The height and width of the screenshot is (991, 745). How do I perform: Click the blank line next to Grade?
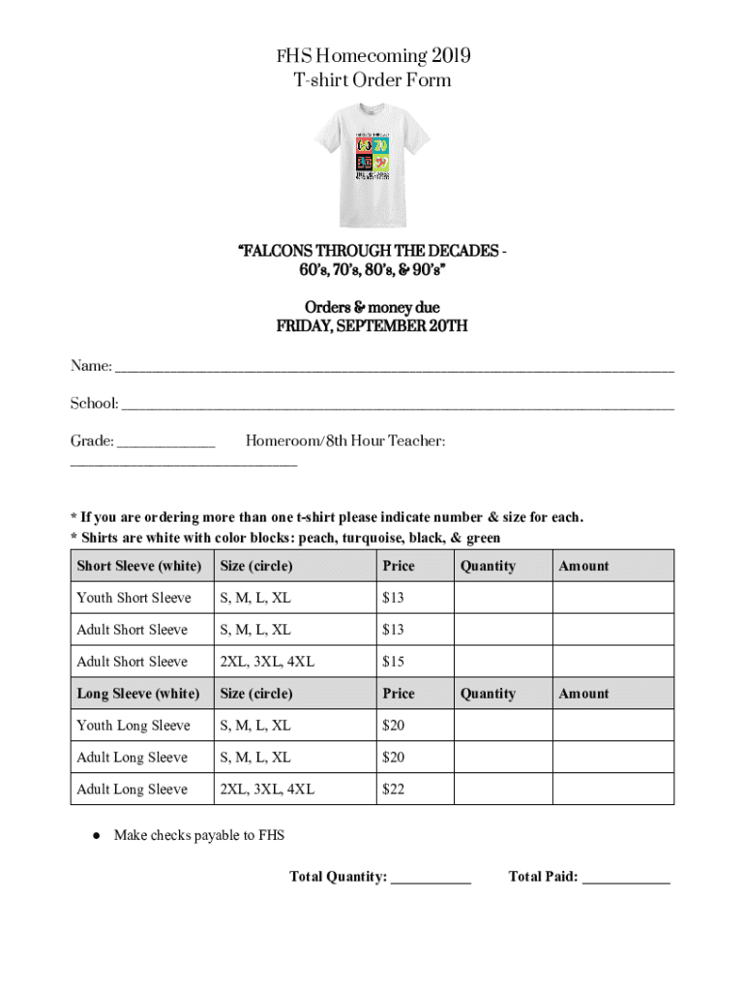[x=165, y=444]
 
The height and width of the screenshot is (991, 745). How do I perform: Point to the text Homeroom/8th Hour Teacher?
[x=345, y=441]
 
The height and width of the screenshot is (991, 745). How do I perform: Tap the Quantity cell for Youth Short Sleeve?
[x=502, y=598]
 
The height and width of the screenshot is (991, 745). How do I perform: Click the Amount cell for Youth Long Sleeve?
[x=612, y=726]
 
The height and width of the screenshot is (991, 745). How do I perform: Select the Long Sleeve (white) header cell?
[x=138, y=694]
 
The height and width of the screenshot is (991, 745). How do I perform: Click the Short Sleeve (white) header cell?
[x=139, y=566]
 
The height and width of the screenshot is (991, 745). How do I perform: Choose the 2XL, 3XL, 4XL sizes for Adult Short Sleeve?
[x=267, y=662]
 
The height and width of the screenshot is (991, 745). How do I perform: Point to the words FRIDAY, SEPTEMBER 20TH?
[x=372, y=326]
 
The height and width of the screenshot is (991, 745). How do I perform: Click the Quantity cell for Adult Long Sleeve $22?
[x=502, y=790]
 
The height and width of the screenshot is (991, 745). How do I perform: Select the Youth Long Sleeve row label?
[x=134, y=726]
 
